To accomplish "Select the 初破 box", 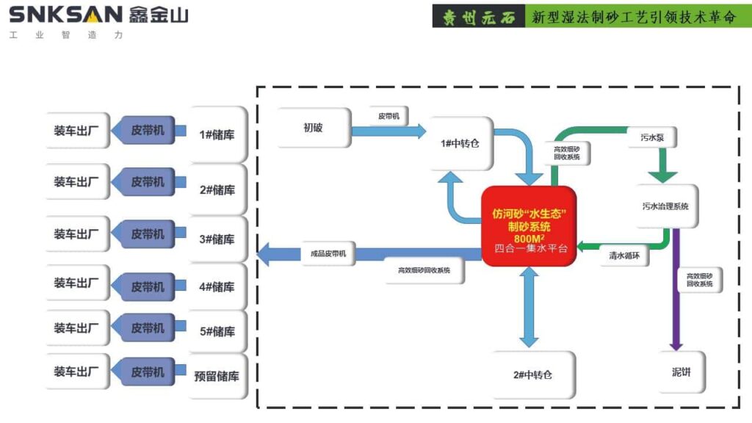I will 314,128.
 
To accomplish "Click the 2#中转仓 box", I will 533,375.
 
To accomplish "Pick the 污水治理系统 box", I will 665,206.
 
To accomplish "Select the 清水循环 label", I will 623,256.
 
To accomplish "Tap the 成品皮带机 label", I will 328,254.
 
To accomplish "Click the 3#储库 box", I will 217,239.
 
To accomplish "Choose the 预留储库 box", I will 217,377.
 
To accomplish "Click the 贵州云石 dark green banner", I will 477,17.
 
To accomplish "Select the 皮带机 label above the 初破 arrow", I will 388,116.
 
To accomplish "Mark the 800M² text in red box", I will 529,239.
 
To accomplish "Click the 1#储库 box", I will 217,135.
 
